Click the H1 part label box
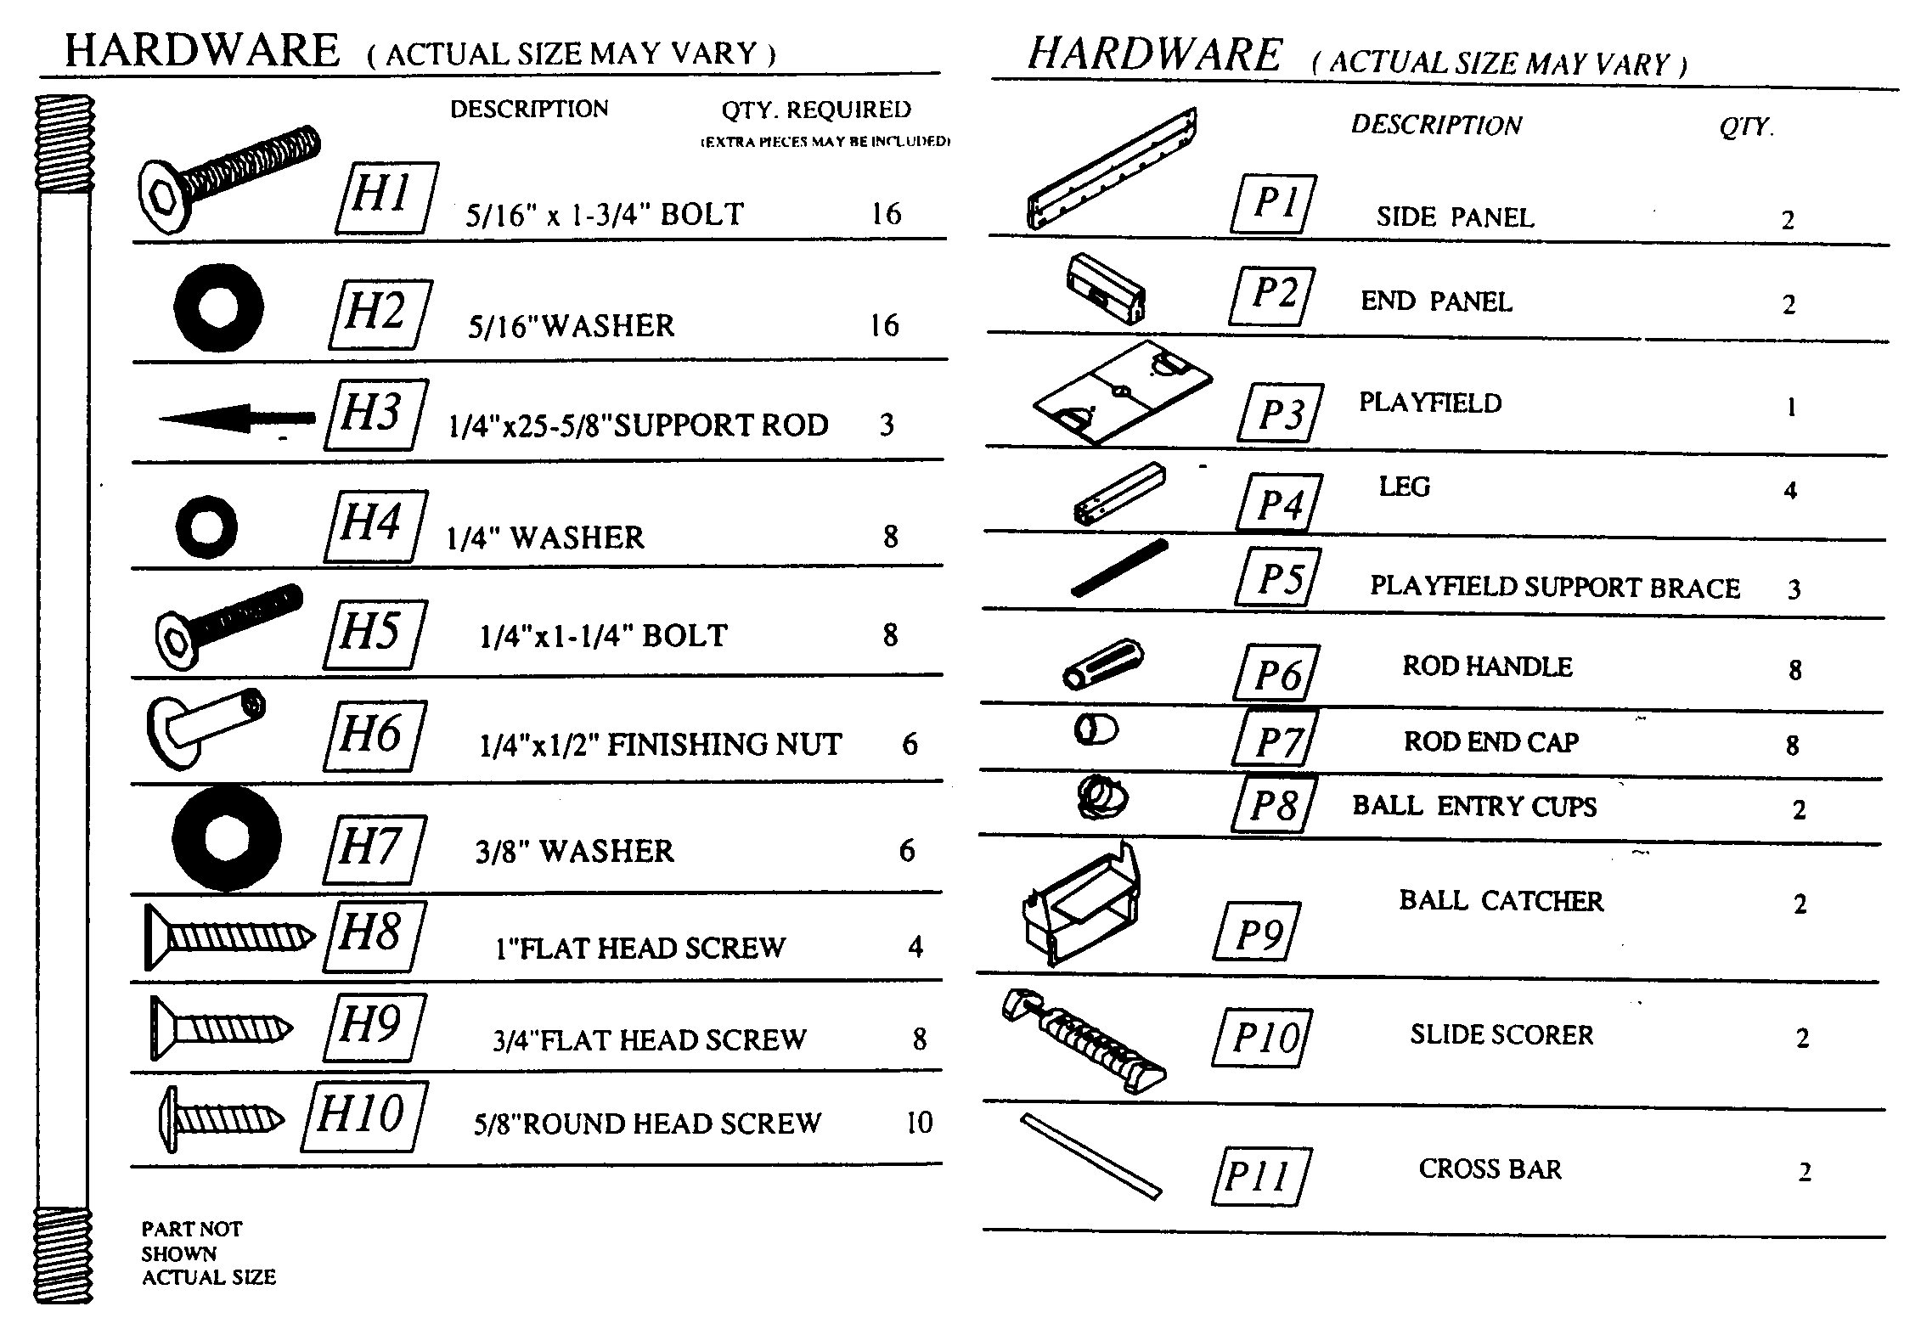click(x=386, y=198)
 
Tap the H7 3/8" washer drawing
click(x=227, y=838)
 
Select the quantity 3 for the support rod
click(x=887, y=425)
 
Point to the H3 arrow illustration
click(x=237, y=418)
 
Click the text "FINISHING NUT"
click(x=724, y=745)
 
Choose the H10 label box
click(x=365, y=1116)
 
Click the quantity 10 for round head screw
click(x=919, y=1123)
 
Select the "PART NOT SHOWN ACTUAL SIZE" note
click(x=208, y=1253)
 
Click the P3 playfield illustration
click(x=1123, y=393)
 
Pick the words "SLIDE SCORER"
click(x=1501, y=1034)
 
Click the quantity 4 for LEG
click(x=1790, y=491)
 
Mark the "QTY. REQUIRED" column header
click(x=816, y=110)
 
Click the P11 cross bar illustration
click(x=1091, y=1156)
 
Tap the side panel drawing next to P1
click(x=1113, y=168)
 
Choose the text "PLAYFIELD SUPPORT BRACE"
click(x=1555, y=587)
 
